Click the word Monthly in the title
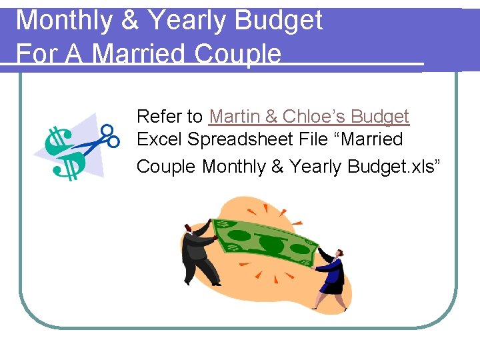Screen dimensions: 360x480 [x=64, y=21]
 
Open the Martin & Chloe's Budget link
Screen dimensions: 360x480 [x=309, y=117]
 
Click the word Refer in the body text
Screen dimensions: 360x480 [x=160, y=117]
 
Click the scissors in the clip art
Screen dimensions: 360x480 [x=100, y=140]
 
